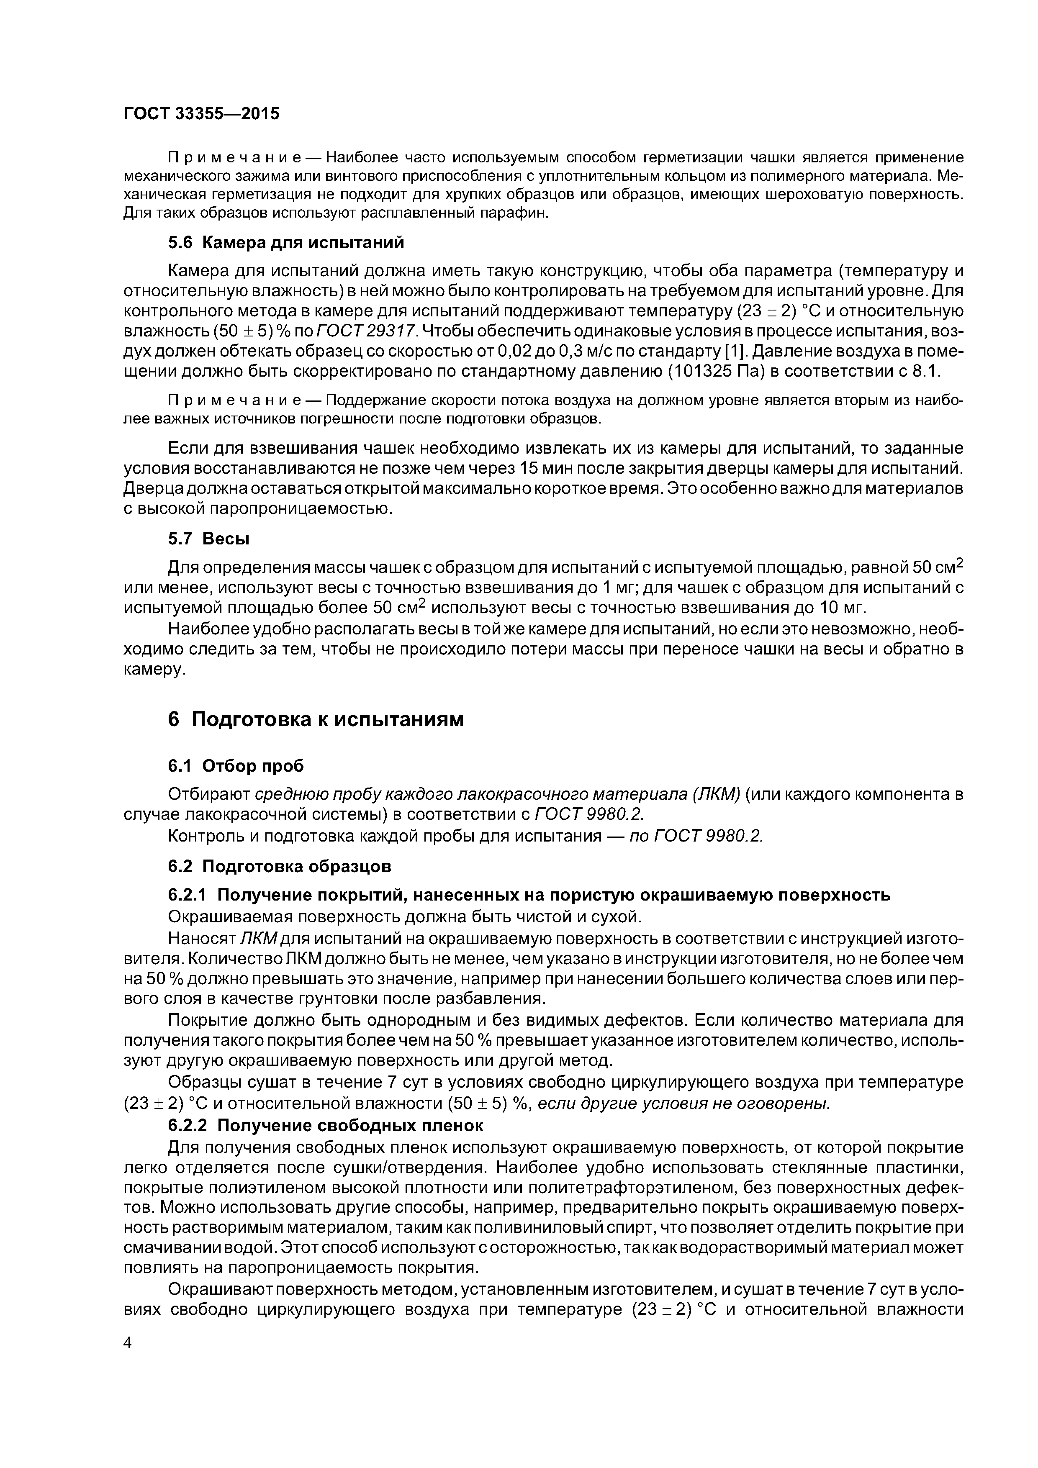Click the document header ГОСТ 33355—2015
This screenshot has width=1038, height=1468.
click(201, 114)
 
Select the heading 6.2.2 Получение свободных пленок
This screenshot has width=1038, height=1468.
click(326, 1125)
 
